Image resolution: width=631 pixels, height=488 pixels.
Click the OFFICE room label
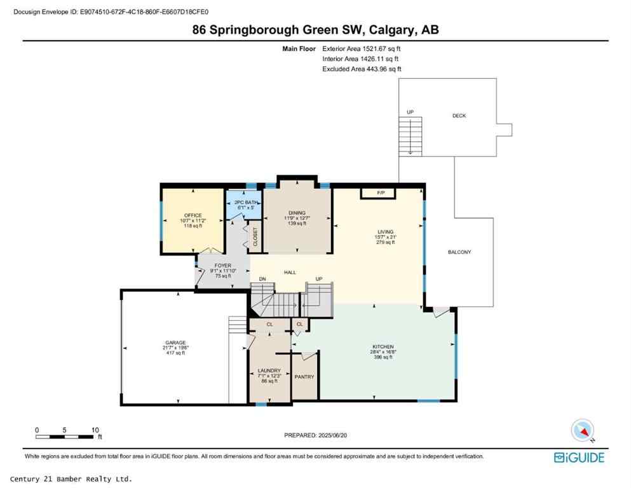[x=193, y=215]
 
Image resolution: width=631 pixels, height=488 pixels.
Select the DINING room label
[x=296, y=213]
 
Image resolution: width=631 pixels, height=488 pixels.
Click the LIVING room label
[x=385, y=232]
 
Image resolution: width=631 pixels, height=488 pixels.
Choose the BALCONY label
[x=459, y=252]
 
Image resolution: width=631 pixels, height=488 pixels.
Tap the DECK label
[x=459, y=116]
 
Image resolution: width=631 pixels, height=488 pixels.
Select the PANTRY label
[x=304, y=377]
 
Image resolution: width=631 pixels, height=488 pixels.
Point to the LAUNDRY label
[x=269, y=370]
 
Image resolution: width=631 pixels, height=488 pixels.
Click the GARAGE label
[x=175, y=342]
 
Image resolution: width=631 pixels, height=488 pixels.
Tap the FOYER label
[x=222, y=266]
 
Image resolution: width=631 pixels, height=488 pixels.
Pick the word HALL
[x=290, y=272]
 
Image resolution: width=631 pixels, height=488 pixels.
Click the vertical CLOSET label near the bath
[x=255, y=236]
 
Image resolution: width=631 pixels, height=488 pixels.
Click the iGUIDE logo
[x=579, y=457]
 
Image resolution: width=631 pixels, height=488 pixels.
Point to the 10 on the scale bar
[x=95, y=430]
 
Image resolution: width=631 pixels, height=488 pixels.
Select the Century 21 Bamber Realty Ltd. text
[x=72, y=478]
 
